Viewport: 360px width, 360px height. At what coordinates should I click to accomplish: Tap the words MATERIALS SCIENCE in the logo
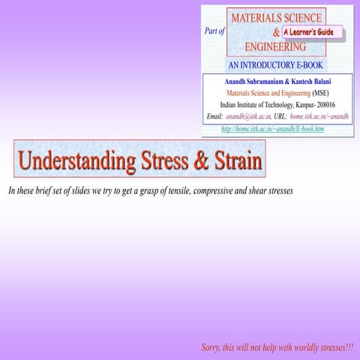(277, 16)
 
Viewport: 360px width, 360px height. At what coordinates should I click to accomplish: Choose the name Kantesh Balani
(319, 81)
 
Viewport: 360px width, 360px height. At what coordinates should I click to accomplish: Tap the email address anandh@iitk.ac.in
(248, 118)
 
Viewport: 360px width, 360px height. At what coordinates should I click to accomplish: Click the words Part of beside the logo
(214, 31)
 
